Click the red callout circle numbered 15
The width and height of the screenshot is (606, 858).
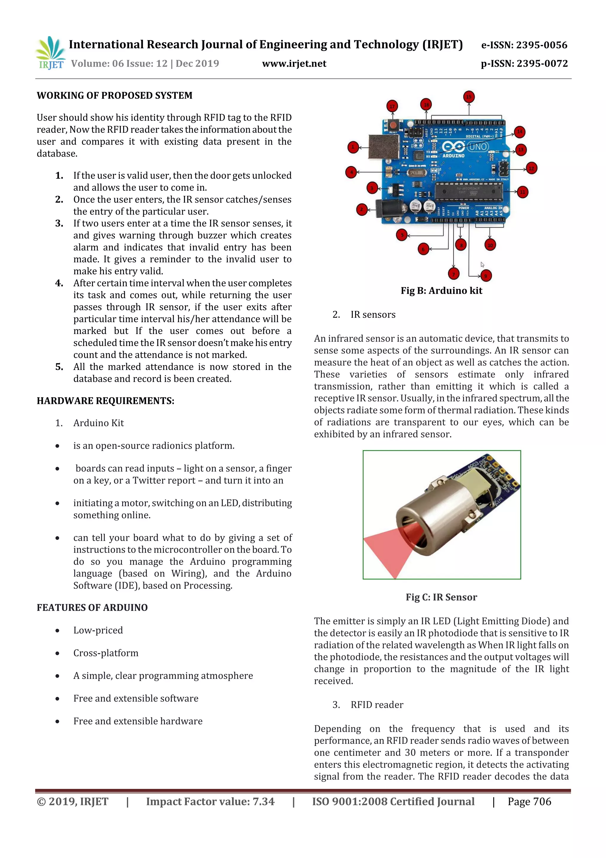(x=469, y=97)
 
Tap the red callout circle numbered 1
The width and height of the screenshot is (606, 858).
(x=352, y=147)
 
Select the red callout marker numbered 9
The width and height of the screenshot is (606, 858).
(x=486, y=276)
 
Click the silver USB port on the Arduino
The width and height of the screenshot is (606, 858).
(x=383, y=147)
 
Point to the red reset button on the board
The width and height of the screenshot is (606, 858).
(x=392, y=124)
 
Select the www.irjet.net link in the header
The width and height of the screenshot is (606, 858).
(x=294, y=63)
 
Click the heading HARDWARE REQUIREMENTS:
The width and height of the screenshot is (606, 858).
(x=105, y=401)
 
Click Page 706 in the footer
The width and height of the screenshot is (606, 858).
(x=529, y=801)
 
